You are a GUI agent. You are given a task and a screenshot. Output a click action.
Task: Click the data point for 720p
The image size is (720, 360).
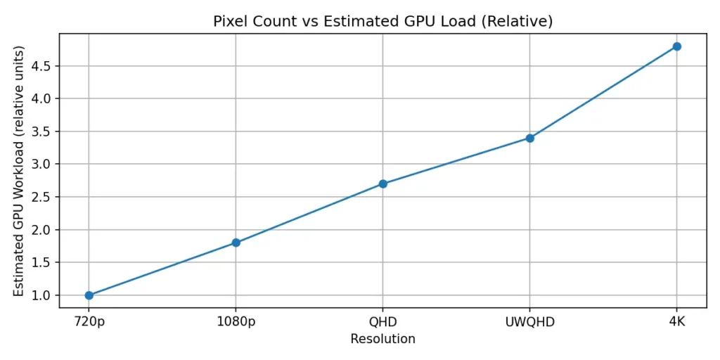click(89, 295)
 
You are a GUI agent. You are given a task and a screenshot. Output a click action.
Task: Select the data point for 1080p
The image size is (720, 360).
click(236, 243)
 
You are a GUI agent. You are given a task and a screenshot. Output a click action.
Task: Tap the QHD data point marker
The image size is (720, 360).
click(383, 184)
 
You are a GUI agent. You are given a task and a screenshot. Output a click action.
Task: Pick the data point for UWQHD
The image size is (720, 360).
click(530, 138)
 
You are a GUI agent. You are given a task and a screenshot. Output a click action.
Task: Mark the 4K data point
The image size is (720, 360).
click(677, 46)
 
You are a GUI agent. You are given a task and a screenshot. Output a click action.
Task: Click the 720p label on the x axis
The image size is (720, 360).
click(89, 322)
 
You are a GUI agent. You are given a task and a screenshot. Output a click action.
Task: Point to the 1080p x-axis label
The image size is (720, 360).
click(236, 322)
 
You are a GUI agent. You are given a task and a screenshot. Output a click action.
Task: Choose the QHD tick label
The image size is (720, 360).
click(383, 322)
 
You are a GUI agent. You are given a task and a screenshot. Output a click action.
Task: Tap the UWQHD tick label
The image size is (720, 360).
click(530, 322)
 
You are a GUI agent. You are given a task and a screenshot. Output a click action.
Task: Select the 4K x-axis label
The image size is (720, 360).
click(677, 322)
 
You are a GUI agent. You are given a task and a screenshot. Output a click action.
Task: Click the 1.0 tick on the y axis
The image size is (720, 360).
click(42, 295)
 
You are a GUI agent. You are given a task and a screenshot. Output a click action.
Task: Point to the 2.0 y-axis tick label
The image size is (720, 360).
click(42, 230)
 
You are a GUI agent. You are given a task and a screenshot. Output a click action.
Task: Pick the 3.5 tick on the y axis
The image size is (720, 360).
click(42, 131)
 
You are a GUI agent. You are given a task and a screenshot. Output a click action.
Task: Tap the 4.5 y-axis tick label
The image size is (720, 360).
click(42, 66)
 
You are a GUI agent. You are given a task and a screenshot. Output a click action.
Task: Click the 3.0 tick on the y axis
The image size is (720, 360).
click(42, 164)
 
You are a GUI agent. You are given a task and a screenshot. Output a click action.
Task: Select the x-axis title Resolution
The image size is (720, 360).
click(382, 340)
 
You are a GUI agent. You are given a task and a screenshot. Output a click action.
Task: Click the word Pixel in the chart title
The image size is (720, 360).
click(228, 22)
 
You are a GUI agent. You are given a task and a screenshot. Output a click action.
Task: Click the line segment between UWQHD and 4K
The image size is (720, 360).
click(603, 92)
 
